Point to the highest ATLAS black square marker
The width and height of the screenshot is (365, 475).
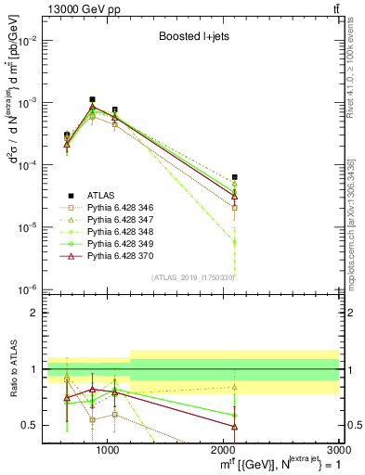pos(92,99)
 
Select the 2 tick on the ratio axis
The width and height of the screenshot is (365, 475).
pos(33,313)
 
